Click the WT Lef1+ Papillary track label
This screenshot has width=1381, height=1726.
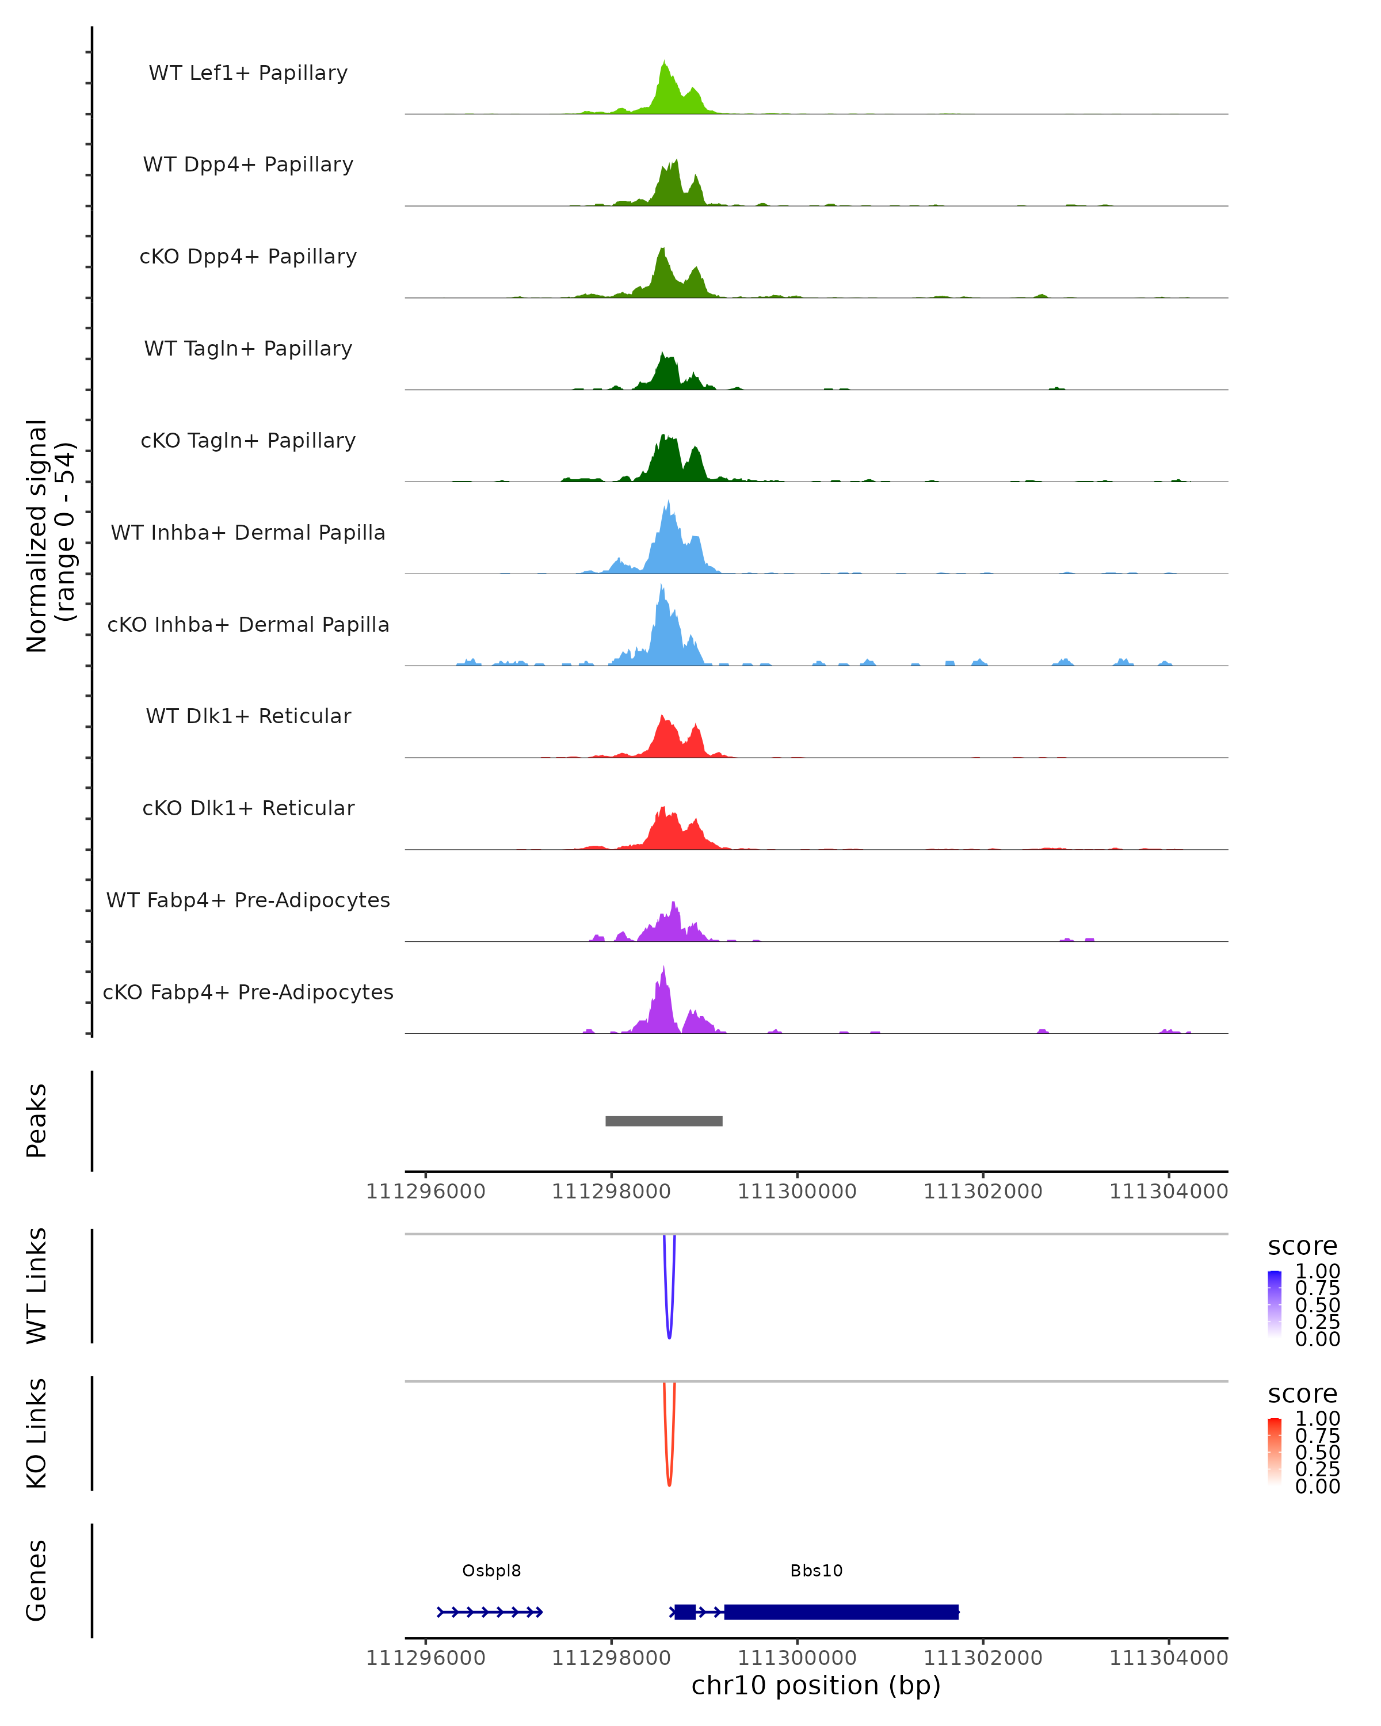click(248, 73)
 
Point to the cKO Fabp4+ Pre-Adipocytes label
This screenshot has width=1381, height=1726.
click(248, 992)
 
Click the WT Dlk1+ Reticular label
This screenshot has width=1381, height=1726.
click(248, 716)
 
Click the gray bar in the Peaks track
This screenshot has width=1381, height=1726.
click(663, 1121)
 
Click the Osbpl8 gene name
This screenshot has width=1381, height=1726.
click(491, 1571)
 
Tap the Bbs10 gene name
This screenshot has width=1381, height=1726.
click(816, 1571)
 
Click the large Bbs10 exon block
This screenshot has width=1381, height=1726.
click(841, 1612)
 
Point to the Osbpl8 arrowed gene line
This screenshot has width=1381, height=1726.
click(490, 1612)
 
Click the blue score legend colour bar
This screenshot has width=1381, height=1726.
click(1275, 1304)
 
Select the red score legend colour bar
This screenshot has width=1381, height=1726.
click(1275, 1452)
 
